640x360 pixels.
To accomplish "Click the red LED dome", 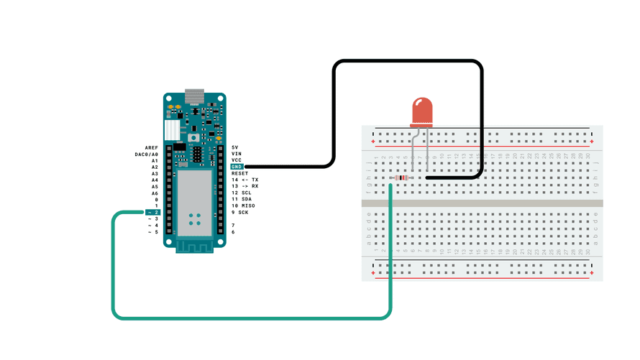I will (x=422, y=111).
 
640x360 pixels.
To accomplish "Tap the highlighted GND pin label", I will (x=236, y=167).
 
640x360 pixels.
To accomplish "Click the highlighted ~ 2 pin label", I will (x=152, y=213).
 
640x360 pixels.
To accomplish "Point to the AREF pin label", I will (x=151, y=147).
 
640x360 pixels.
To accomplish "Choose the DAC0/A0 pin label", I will (x=146, y=154).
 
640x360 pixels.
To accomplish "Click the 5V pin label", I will (x=235, y=147).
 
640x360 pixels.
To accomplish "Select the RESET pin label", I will (x=239, y=173).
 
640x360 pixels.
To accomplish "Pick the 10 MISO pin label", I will (x=243, y=206).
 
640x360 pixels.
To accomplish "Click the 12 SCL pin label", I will (x=242, y=193).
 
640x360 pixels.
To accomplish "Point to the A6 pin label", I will (x=154, y=193).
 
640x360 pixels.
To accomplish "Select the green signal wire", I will (x=252, y=317).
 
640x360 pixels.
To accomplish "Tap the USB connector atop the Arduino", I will (x=194, y=96).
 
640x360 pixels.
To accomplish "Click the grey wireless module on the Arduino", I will (x=195, y=203).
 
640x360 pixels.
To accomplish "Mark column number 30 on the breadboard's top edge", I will (x=588, y=155).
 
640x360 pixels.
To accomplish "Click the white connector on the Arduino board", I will (x=171, y=130).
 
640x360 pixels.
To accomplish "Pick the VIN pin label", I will (x=236, y=154).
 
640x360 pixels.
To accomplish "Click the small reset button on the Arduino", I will (x=194, y=137).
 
